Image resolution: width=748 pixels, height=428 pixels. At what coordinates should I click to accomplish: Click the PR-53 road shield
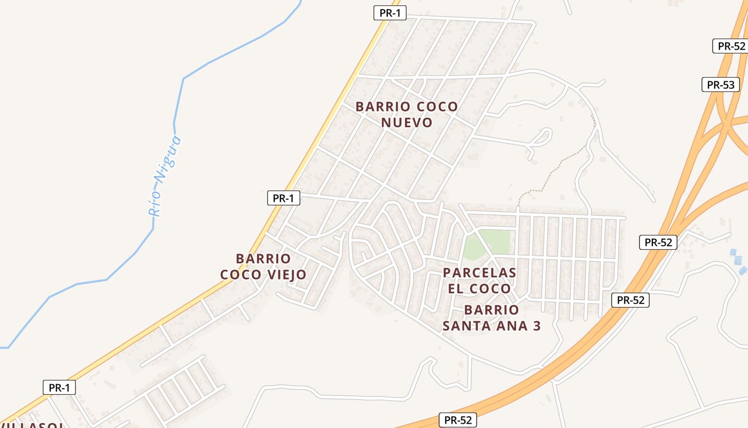[x=720, y=85]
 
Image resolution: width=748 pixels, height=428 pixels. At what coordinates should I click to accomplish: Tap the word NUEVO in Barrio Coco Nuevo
[x=407, y=123]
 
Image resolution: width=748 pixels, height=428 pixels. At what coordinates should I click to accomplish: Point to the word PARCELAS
[x=479, y=273]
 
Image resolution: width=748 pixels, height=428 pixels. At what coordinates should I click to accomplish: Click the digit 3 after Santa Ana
[x=536, y=325]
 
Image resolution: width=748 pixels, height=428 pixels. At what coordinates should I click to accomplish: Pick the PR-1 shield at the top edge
[x=389, y=13]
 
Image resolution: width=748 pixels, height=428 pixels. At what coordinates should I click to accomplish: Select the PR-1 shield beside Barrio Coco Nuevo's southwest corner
[x=283, y=198]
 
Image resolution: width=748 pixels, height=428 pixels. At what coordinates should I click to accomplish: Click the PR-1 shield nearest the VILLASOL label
[x=59, y=388]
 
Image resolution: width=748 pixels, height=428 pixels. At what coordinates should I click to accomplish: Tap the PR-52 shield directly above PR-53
[x=731, y=46]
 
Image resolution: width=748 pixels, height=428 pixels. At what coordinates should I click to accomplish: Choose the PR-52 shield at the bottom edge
[x=458, y=420]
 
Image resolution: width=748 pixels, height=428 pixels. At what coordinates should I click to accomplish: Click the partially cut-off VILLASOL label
[x=32, y=425]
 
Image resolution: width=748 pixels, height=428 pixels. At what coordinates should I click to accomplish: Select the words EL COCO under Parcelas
[x=479, y=289]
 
